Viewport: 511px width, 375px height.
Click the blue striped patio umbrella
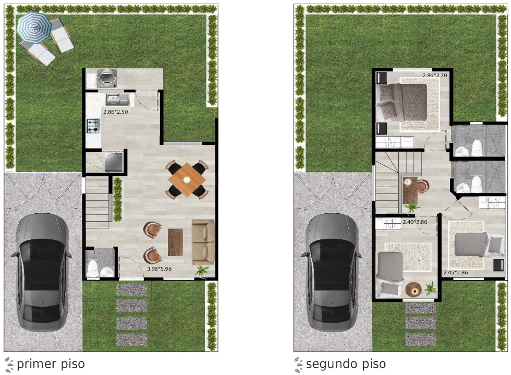tap(34, 28)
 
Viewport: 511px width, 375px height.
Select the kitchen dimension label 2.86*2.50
tap(116, 112)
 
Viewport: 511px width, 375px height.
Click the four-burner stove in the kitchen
tap(93, 126)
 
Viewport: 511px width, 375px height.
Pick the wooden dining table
tap(187, 179)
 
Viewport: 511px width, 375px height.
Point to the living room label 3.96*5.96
tap(159, 269)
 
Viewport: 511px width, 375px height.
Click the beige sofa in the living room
tap(203, 243)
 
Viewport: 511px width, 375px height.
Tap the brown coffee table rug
tap(175, 243)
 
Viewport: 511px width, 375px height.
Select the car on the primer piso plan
tap(42, 272)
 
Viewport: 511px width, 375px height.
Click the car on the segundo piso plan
tap(332, 272)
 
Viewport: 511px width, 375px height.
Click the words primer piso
tap(51, 364)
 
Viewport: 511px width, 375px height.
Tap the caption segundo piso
tap(346, 364)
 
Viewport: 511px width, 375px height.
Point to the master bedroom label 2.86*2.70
tap(435, 75)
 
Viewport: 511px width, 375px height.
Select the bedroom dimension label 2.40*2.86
tap(415, 222)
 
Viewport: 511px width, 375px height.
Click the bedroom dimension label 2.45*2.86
tap(456, 273)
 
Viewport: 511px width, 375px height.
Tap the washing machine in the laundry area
tap(106, 78)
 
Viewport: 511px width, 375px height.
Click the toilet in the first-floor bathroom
tap(93, 269)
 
